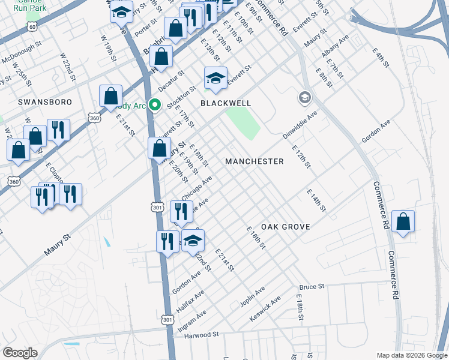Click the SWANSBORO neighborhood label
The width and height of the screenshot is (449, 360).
41,103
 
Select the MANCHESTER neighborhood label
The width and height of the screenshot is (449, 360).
254,161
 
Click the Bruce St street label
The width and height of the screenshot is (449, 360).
312,287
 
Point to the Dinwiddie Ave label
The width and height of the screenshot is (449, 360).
300,125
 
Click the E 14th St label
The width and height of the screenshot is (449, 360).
316,200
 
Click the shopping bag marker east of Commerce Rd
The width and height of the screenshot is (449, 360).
404,221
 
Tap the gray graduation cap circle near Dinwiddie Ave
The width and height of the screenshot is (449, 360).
305,97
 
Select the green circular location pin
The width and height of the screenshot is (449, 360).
155,105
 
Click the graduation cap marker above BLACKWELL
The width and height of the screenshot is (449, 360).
216,79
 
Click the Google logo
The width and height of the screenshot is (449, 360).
20,353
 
